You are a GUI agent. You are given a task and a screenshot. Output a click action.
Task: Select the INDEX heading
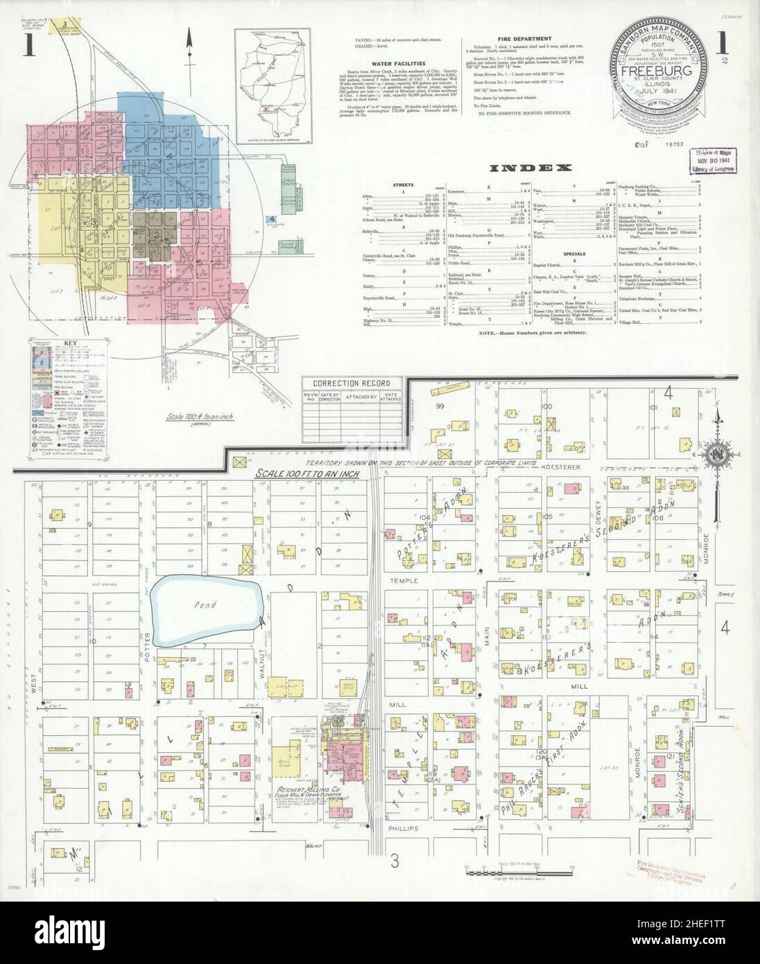tap(530, 168)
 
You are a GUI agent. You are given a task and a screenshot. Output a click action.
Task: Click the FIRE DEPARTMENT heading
tap(524, 39)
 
